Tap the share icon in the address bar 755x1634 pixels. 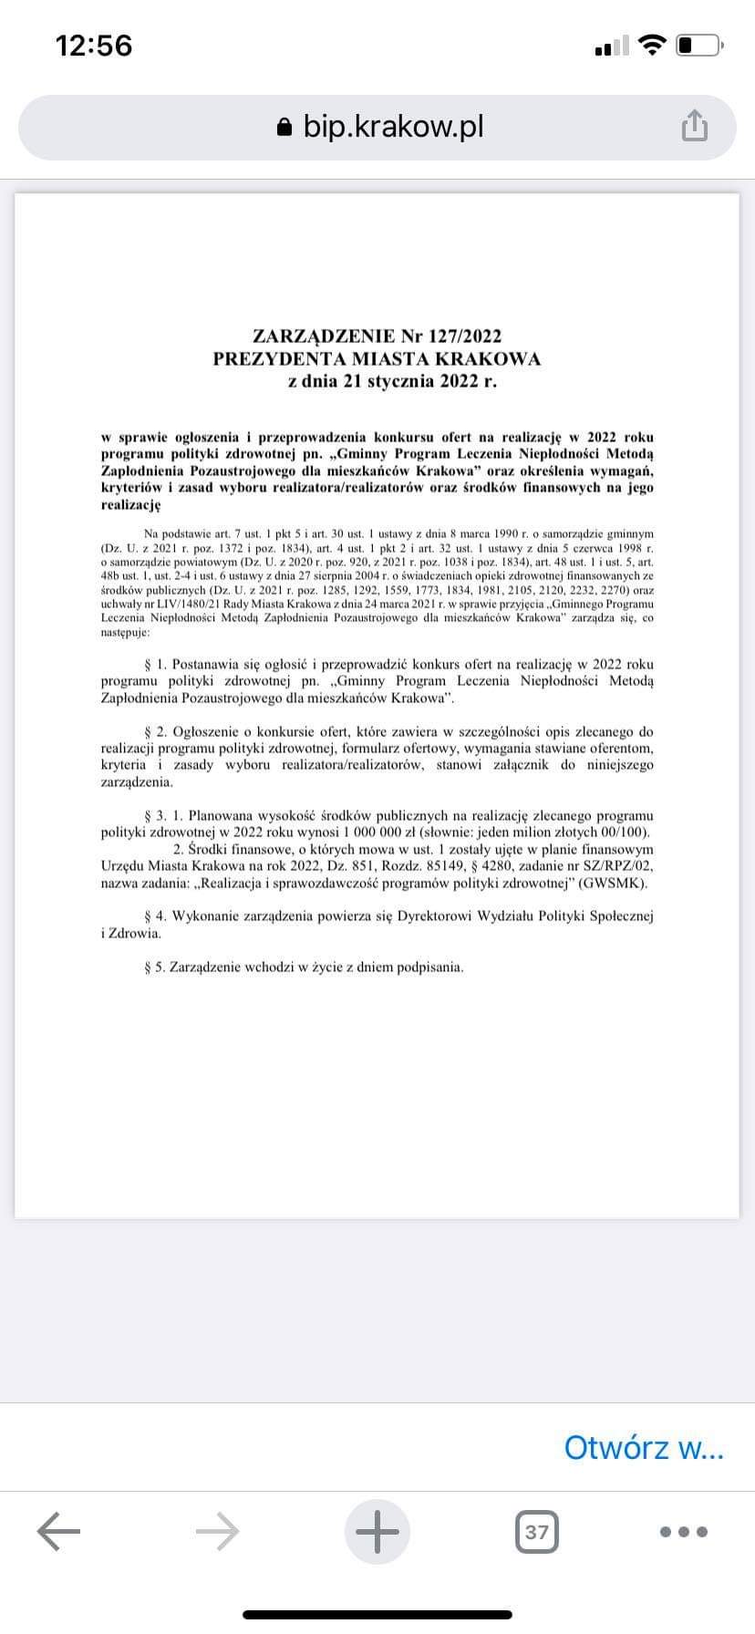pos(694,127)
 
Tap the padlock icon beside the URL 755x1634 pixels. pos(285,128)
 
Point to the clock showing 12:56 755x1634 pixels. pos(94,45)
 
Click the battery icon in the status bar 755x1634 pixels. pos(699,45)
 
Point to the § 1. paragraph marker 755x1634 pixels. pos(155,665)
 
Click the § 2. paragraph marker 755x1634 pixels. pos(155,731)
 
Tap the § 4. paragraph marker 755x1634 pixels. pos(155,915)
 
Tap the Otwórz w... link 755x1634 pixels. pos(644,1447)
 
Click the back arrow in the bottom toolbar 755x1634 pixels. pos(59,1531)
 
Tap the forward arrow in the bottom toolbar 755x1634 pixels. pos(218,1531)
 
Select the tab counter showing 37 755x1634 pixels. pos(537,1531)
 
